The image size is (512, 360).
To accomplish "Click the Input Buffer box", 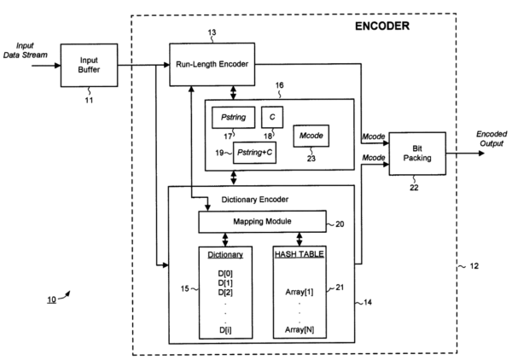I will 89,64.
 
